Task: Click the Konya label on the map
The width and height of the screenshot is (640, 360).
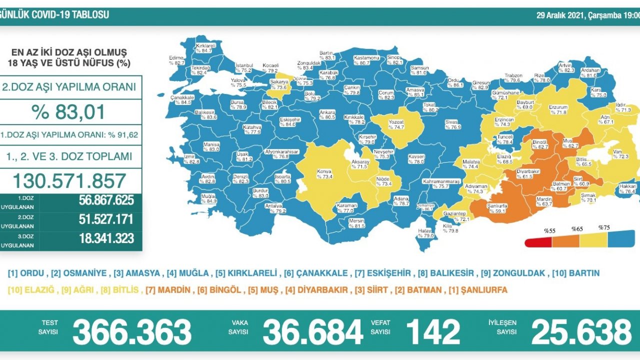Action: (x=324, y=173)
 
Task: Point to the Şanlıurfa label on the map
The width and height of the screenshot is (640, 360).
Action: (x=497, y=207)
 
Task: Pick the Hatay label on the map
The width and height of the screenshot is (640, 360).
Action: (x=425, y=233)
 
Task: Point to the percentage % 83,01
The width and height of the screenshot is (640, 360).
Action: (x=69, y=111)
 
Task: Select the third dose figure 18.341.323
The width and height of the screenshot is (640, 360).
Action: (x=106, y=238)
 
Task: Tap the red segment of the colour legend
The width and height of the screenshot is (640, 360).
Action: (x=538, y=242)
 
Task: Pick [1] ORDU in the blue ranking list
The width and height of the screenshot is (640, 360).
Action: (x=27, y=273)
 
